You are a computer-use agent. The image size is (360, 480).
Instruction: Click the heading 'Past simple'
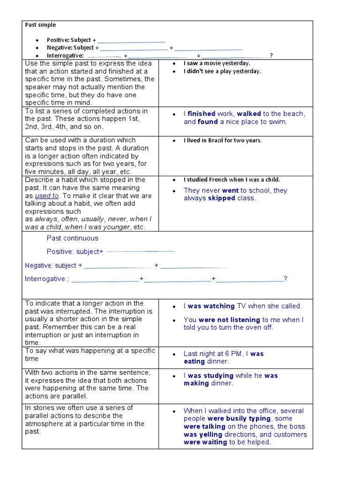pos(40,25)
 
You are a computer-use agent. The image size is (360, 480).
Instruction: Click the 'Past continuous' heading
pos(72,238)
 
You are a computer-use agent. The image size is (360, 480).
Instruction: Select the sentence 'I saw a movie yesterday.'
pos(217,63)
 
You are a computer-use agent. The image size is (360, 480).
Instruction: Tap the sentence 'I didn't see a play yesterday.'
pos(222,71)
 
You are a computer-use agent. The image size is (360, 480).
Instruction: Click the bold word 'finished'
pos(201,114)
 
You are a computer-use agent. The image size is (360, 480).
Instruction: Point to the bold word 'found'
pos(208,122)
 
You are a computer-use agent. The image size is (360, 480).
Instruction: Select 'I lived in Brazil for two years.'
pos(222,140)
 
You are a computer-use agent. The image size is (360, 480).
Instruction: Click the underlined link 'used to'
pos(47,196)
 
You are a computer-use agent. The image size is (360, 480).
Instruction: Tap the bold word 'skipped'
pos(222,198)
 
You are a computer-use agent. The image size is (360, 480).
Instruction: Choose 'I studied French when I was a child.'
pos(232,180)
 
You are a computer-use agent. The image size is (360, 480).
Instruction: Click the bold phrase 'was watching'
pos(211,306)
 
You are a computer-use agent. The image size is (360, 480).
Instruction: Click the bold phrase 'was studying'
pos(210,375)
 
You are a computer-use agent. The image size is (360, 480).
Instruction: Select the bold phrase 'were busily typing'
pos(239,419)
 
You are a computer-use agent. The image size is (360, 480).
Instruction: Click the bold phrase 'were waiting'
pos(205,442)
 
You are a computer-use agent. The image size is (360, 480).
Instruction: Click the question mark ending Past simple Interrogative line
pos(271,56)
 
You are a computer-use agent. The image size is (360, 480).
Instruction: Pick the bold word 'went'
pos(230,190)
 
